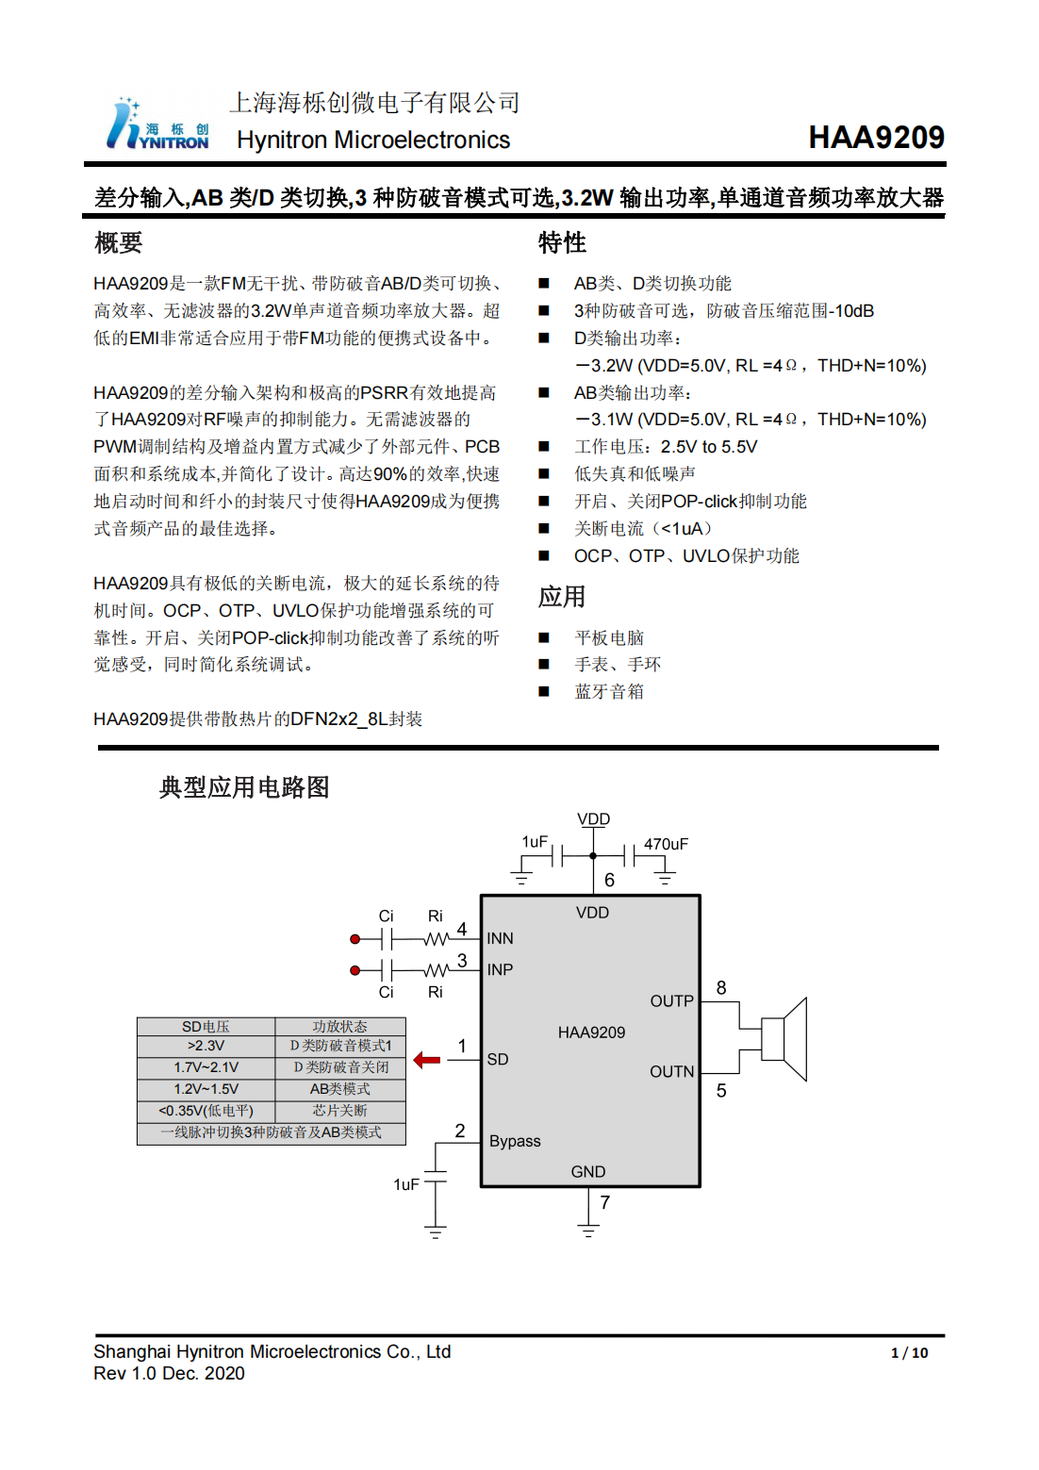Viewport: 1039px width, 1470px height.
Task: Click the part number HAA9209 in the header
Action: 876,138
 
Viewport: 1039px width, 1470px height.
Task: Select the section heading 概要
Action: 119,243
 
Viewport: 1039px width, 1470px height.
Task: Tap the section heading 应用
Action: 562,597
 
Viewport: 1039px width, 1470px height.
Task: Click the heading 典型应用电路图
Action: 244,787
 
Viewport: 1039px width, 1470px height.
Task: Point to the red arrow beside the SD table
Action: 427,1060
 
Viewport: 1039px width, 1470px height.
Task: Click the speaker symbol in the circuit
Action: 784,1038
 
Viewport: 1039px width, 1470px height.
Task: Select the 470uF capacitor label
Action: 666,844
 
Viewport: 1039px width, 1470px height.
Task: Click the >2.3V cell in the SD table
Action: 206,1046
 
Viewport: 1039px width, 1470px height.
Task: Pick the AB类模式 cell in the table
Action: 339,1089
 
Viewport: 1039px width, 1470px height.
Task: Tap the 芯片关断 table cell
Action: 339,1111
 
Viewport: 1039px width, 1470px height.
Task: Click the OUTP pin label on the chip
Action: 671,1000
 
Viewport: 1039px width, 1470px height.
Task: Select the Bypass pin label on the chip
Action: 515,1141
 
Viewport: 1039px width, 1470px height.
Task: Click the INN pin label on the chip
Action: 500,938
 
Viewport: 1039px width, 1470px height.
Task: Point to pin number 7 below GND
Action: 604,1203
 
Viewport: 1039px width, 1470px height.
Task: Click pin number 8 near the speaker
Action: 721,987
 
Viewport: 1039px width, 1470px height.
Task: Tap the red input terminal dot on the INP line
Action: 355,970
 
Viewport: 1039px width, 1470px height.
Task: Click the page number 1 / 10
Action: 909,1353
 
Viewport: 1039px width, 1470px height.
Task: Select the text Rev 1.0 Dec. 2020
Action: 169,1374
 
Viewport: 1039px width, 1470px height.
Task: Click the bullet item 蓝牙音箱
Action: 609,692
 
